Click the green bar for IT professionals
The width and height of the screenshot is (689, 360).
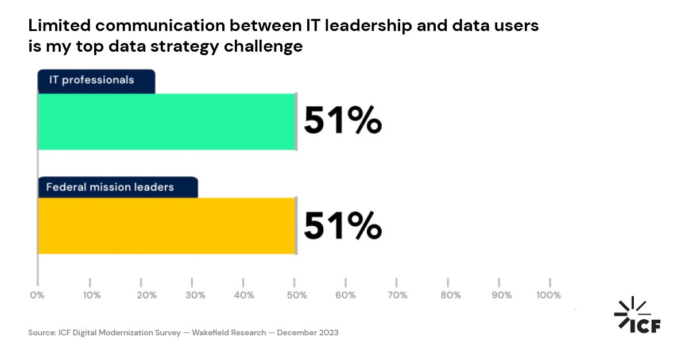pos(167,121)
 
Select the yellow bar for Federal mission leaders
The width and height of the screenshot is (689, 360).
pos(167,226)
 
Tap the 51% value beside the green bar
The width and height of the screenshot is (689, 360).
pos(342,121)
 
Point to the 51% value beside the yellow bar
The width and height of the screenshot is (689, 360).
pos(342,225)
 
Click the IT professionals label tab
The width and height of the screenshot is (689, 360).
pos(96,80)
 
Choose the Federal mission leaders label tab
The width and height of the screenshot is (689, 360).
pos(118,187)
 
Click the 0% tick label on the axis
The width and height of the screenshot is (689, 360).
pos(37,295)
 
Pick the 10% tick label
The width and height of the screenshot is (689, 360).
pos(92,295)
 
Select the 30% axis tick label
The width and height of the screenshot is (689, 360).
pos(195,295)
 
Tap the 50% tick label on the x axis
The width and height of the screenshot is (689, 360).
pos(297,295)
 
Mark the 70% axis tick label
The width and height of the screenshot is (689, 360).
pos(397,295)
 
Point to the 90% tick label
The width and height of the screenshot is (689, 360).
pos(501,295)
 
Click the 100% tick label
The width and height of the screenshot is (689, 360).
pos(548,295)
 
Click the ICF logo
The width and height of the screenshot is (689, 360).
pos(637,315)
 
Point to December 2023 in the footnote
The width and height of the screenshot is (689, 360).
pos(308,332)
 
